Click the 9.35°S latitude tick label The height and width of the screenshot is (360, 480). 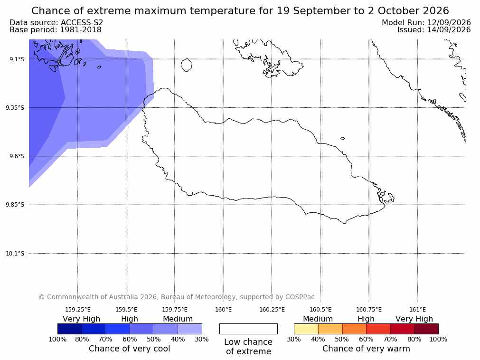(15, 107)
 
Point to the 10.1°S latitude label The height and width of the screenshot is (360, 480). (15, 254)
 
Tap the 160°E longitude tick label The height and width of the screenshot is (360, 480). (224, 310)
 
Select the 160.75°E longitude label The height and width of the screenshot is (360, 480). (369, 310)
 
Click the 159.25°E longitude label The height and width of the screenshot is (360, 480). (78, 310)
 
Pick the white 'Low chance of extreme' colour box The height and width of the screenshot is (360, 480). (249, 329)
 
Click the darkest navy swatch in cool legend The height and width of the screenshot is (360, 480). (70, 329)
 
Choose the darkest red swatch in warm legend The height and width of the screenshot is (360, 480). (426, 329)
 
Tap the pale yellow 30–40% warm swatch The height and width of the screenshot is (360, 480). (306, 329)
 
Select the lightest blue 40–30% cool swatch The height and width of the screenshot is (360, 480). (190, 329)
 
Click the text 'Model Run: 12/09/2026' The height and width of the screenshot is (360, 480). (426, 23)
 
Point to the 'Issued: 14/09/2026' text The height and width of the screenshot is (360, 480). (434, 30)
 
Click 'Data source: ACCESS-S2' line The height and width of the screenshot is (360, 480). (56, 23)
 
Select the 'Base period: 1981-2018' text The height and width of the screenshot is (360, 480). (56, 30)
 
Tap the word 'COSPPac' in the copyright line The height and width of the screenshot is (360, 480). (300, 297)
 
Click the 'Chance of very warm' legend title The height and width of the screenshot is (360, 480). (366, 349)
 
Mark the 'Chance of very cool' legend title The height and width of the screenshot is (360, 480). (130, 349)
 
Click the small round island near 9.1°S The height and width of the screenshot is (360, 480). (187, 65)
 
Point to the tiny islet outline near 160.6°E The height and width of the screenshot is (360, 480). (342, 138)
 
